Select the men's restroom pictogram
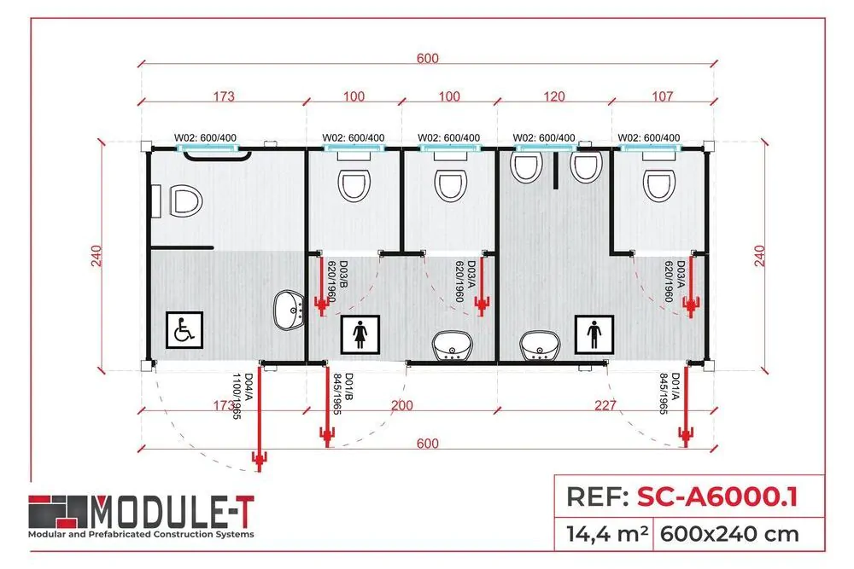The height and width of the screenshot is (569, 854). pos(595,334)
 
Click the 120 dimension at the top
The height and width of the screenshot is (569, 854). pos(554,96)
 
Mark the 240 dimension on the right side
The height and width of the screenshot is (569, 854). pos(758,254)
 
